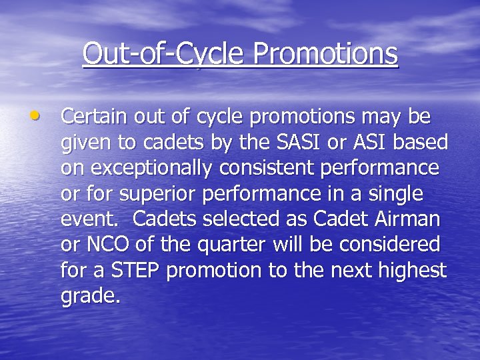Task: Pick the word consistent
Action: (x=276, y=168)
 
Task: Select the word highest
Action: (x=412, y=271)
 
